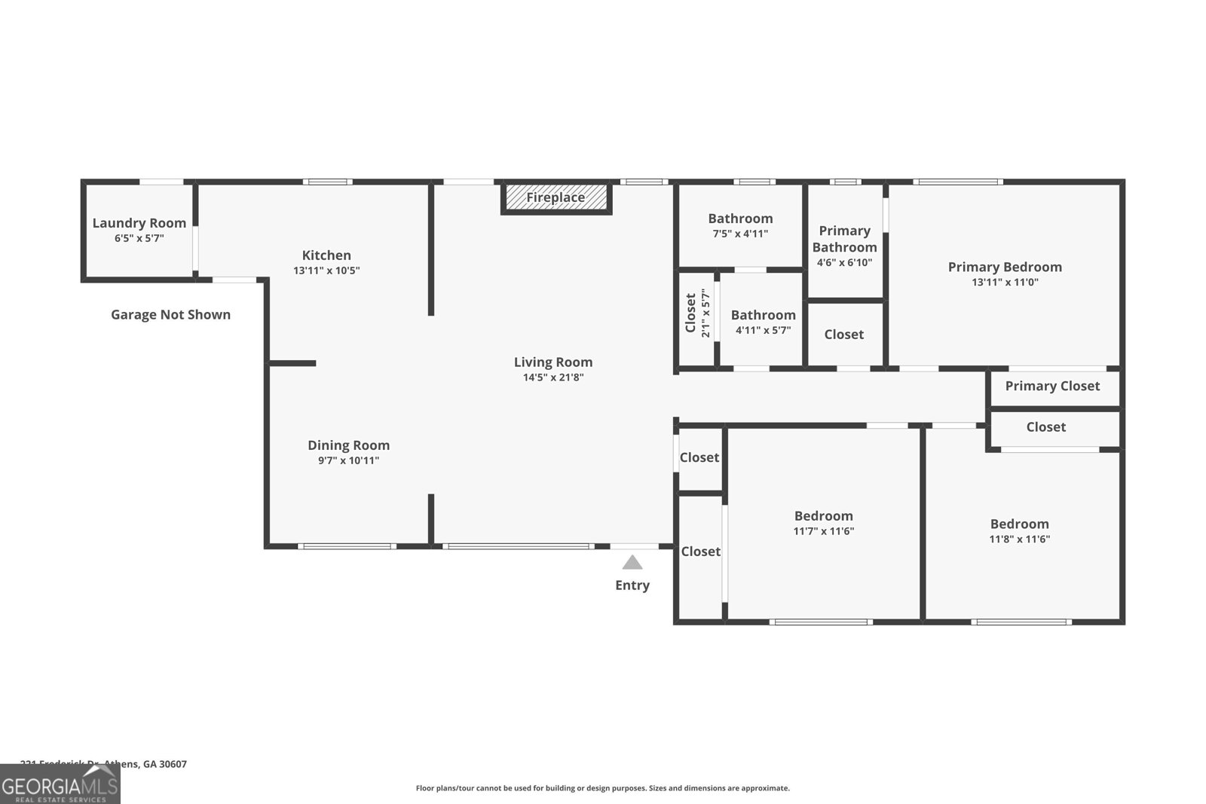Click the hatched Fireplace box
pos(556,197)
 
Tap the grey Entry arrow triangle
pos(632,563)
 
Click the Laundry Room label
pos(139,223)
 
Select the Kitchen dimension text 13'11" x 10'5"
pos(326,271)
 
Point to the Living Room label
pos(553,362)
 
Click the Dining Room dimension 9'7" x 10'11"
pos(348,460)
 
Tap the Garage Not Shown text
pos(170,315)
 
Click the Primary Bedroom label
pos(1005,267)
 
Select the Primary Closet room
pos(1052,387)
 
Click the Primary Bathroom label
pos(844,239)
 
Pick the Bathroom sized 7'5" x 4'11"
pos(740,225)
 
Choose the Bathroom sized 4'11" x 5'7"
pos(763,322)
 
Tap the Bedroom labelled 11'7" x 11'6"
pos(823,523)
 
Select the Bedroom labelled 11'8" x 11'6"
pos(1019,530)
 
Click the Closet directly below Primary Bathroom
pos(843,335)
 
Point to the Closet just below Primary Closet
pos(1045,427)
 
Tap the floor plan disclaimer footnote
pos(602,788)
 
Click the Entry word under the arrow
pos(632,585)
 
